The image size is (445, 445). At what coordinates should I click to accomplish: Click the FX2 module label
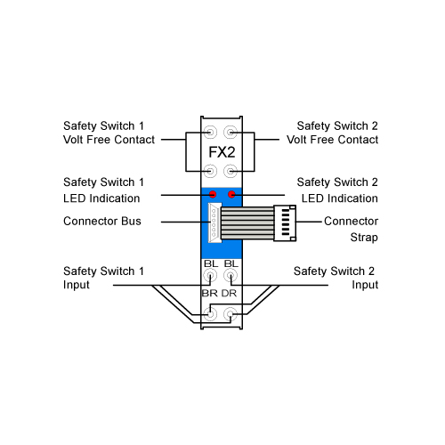tap(222, 152)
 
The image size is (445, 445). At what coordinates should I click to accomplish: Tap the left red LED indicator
tap(213, 194)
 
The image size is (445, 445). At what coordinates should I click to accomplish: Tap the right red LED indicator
tap(231, 194)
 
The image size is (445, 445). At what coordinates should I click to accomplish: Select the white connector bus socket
tap(214, 222)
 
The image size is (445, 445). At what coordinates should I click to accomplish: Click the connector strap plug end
tap(285, 222)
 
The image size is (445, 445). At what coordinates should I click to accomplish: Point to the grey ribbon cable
tap(247, 222)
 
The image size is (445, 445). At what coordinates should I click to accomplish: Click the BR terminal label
tap(210, 294)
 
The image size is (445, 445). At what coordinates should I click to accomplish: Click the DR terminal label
tap(229, 294)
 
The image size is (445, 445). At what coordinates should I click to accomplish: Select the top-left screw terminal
tap(211, 132)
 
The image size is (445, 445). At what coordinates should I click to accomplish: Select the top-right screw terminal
tap(231, 132)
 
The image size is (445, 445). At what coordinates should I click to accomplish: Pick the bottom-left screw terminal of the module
tap(210, 314)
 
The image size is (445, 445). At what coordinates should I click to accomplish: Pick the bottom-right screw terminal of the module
tap(231, 314)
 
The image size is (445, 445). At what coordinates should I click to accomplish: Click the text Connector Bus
tap(102, 222)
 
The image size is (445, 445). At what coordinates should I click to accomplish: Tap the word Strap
tap(364, 238)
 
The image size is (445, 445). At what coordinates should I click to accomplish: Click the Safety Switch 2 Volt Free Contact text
tap(333, 133)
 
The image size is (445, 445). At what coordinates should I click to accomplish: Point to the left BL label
tap(211, 263)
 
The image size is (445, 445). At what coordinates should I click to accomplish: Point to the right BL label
tap(231, 263)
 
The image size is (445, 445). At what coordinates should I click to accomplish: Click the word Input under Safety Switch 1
tap(77, 285)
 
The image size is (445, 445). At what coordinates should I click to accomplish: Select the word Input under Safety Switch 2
tap(365, 285)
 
